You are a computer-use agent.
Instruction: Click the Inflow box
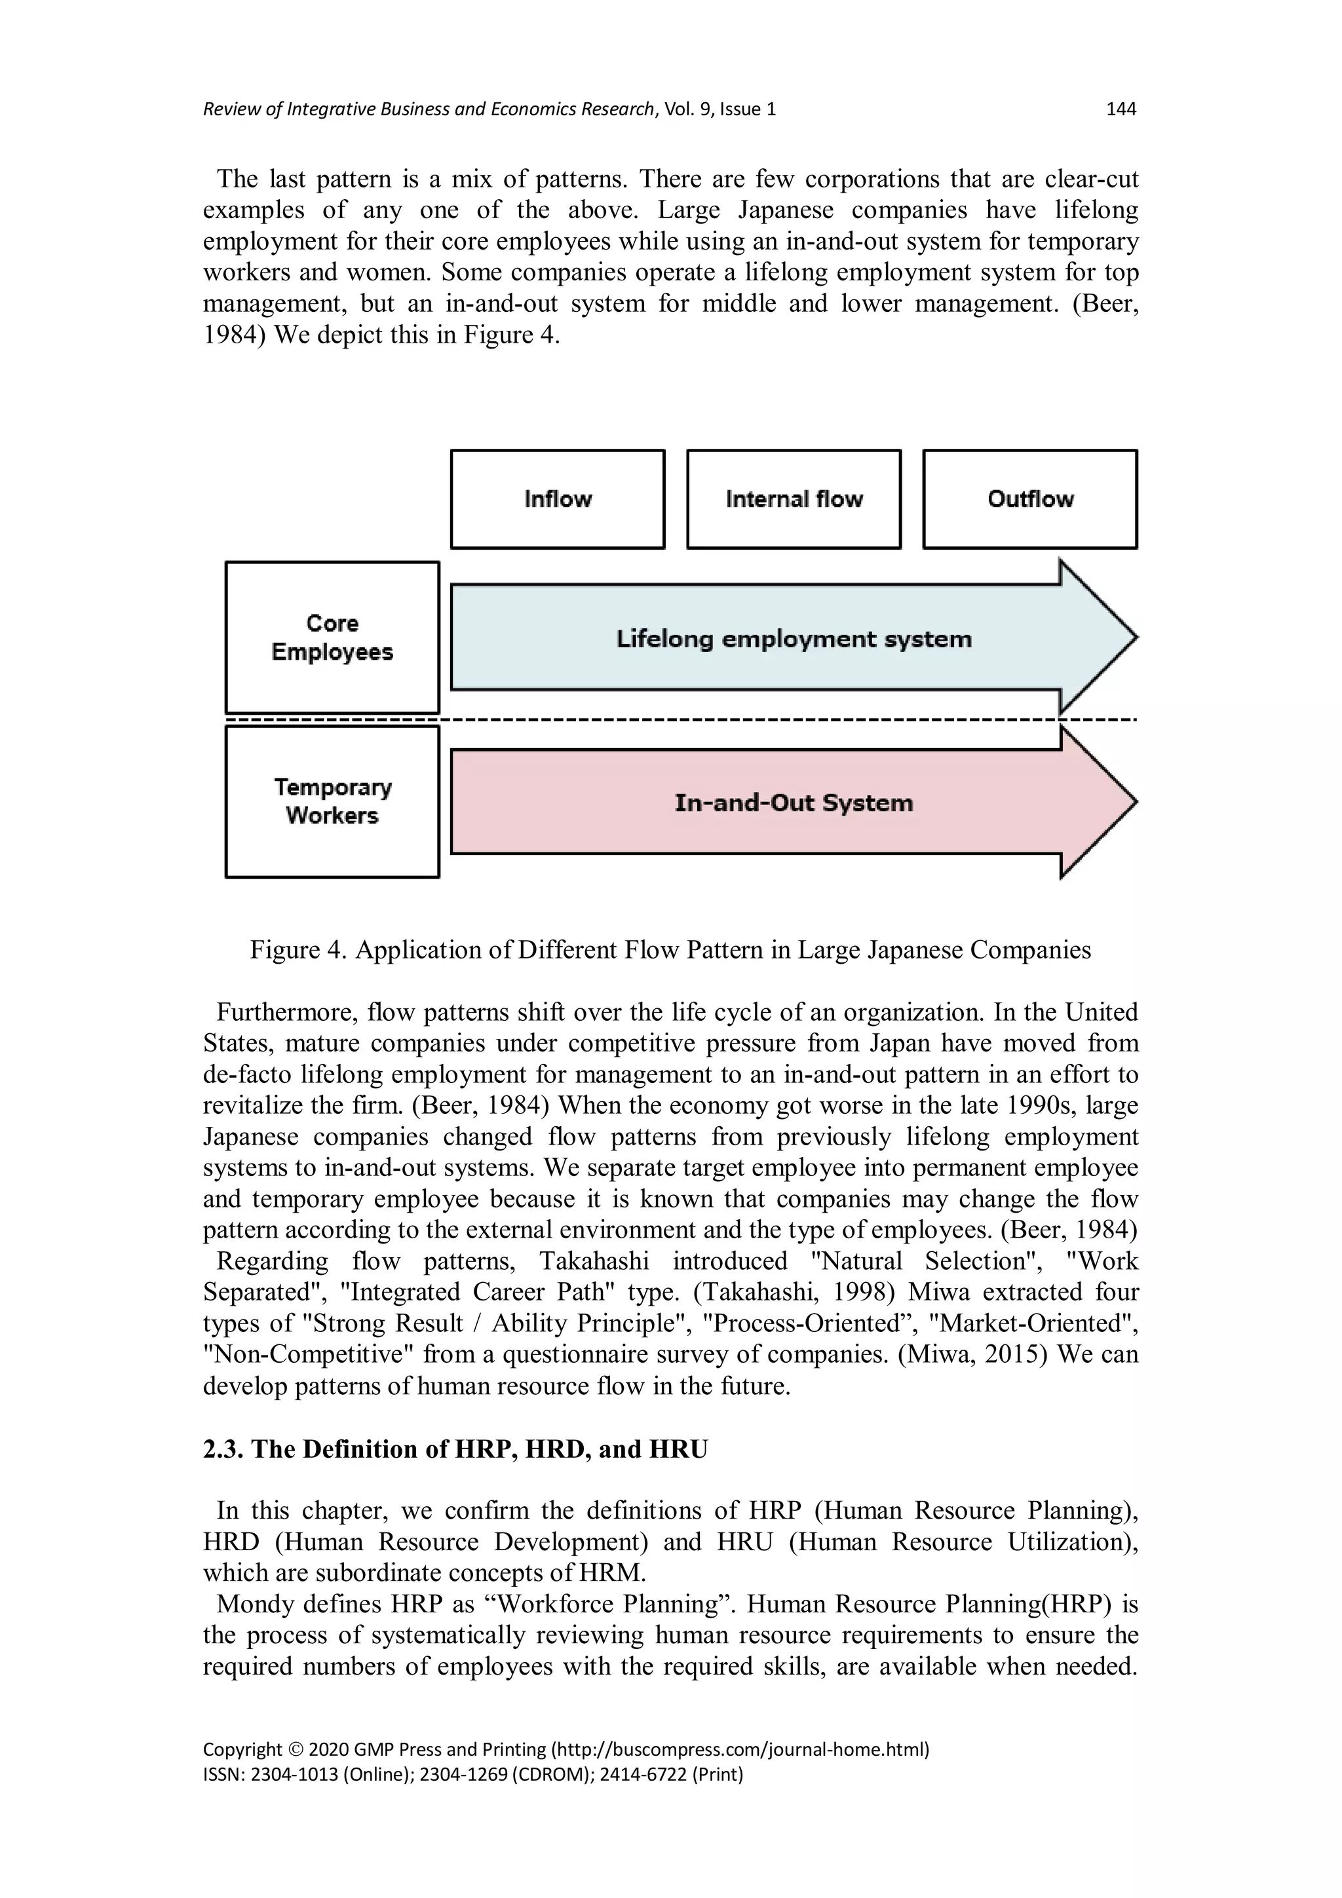(557, 499)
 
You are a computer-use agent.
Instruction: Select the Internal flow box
(793, 499)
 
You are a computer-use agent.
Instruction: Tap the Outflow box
(1029, 499)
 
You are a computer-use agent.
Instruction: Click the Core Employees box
(332, 637)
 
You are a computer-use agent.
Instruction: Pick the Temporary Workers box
(332, 801)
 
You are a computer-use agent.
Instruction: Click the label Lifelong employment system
(793, 639)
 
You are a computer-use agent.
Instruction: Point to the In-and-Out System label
(793, 803)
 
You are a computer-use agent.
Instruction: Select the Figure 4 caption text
(670, 950)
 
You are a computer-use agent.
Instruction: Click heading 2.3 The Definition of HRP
(455, 1449)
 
